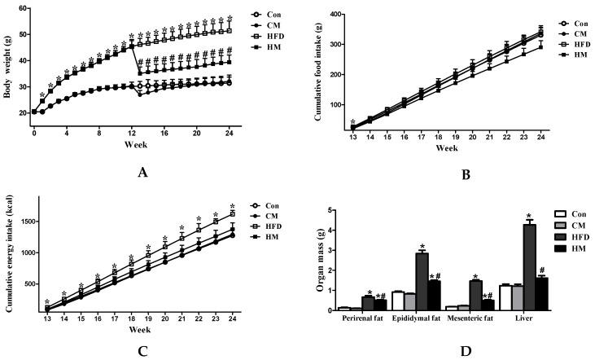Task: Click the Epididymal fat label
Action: coord(415,319)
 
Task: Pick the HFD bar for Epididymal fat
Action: coord(422,281)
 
